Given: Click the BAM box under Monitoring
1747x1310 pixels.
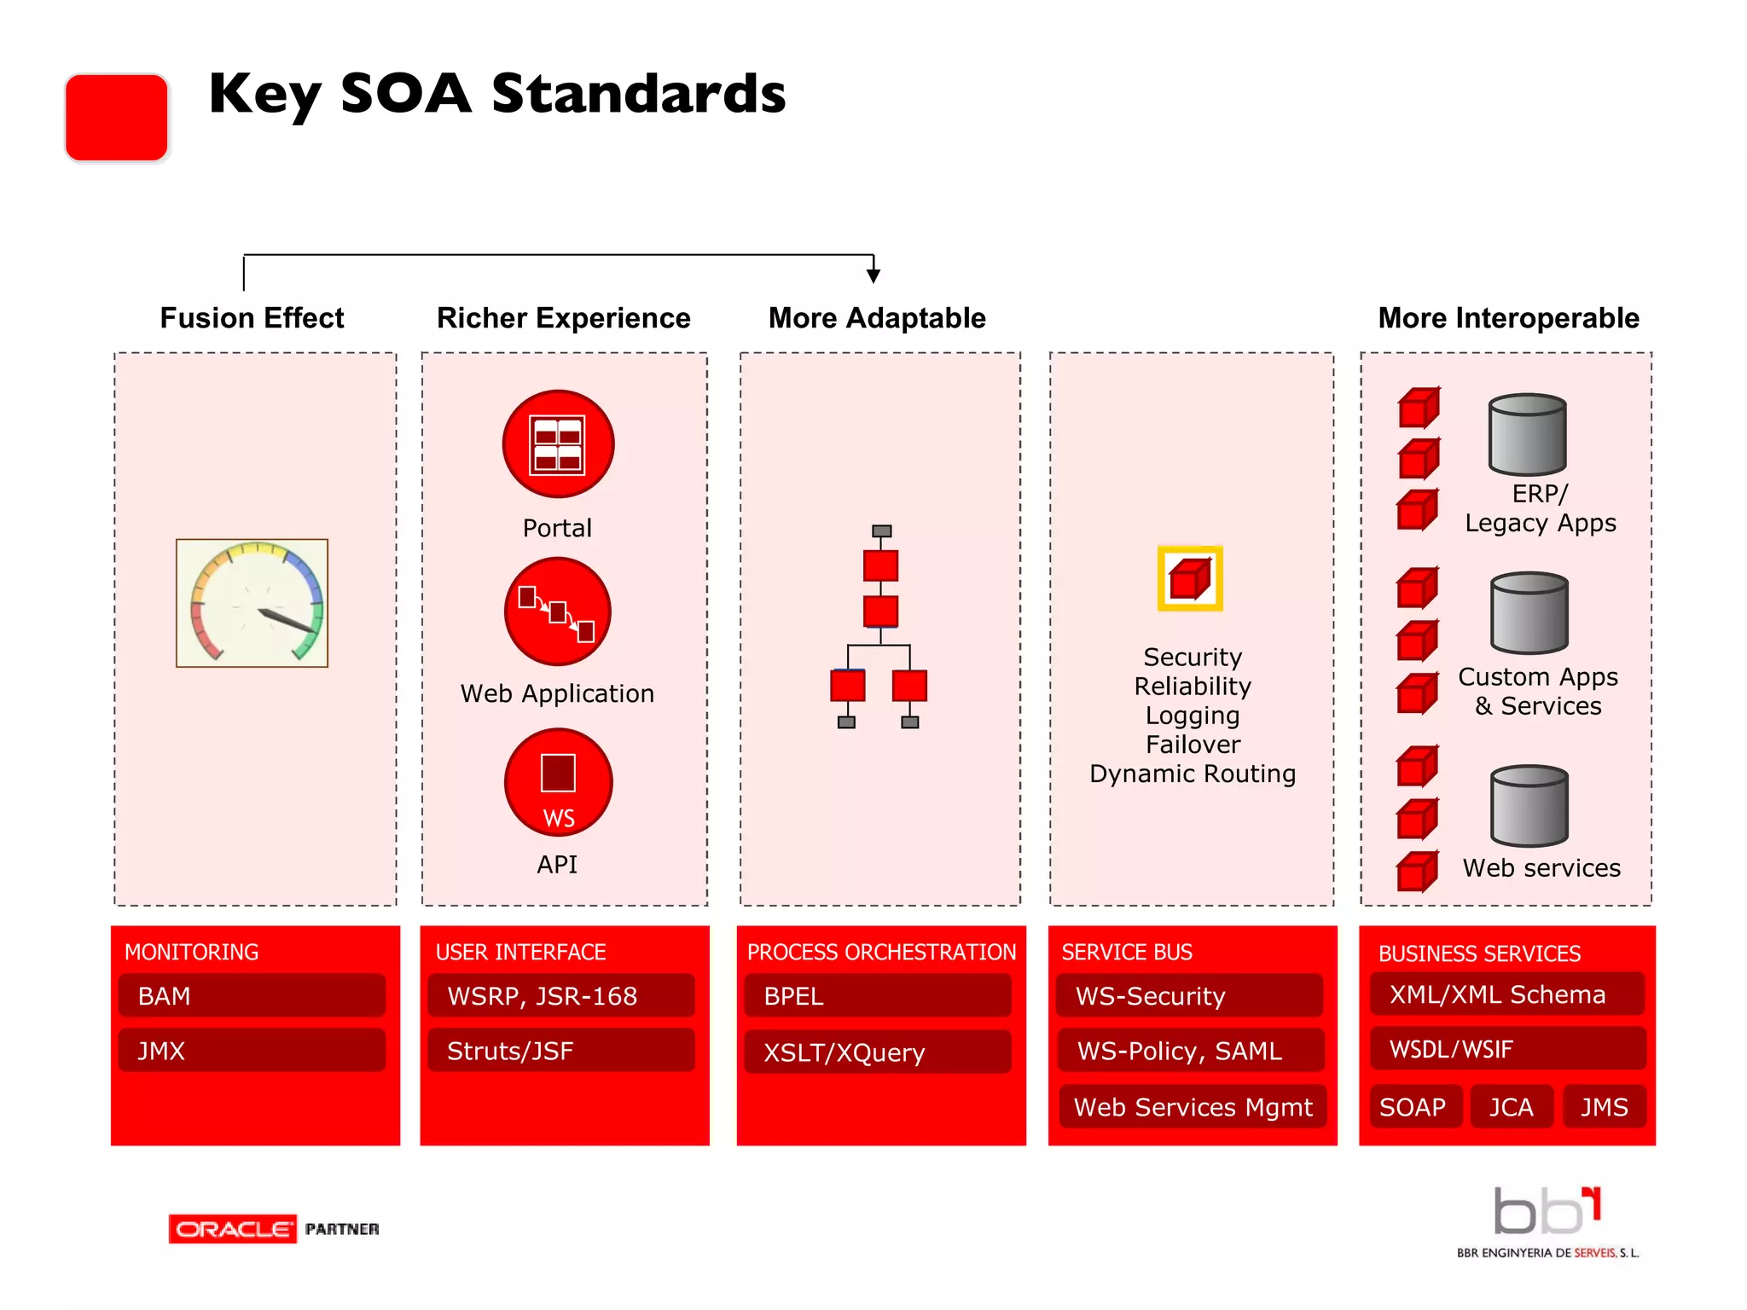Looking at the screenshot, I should click(x=252, y=995).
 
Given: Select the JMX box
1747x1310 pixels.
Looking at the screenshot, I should click(x=252, y=1050).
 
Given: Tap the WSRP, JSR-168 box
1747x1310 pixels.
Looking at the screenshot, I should click(x=561, y=995).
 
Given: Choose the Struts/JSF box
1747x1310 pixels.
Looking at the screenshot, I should click(x=561, y=1050).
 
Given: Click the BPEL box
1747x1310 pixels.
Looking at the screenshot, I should click(x=877, y=995).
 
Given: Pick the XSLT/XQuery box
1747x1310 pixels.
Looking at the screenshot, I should click(x=877, y=1052).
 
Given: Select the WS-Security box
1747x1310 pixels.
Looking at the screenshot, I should click(x=1189, y=995).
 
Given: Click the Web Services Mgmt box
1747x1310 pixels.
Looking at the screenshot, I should click(x=1193, y=1106).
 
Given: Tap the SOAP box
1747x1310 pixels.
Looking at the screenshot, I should click(x=1414, y=1106).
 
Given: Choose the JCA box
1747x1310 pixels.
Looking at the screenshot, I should click(x=1511, y=1106).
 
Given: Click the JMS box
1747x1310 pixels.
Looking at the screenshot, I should click(x=1604, y=1106).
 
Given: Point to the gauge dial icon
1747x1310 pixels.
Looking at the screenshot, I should click(x=252, y=603).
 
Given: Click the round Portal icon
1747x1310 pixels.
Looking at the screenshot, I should click(x=558, y=444).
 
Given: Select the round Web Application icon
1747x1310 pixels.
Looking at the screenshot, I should click(x=558, y=612).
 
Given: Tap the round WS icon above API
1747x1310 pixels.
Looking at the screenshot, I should click(x=558, y=782).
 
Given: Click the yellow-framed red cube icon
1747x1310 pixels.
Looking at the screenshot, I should click(x=1190, y=578).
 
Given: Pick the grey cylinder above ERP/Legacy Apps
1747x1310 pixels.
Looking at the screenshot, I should click(x=1527, y=434).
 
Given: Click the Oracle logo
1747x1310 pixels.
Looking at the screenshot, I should click(x=233, y=1229).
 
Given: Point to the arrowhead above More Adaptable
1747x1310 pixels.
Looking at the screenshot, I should click(x=873, y=275).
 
